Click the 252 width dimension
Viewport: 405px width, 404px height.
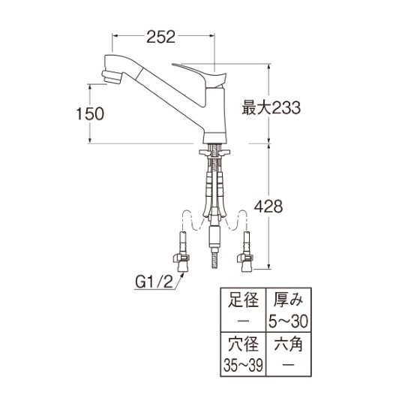pyautogui.click(x=161, y=37)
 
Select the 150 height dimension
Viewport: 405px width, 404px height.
pyautogui.click(x=90, y=113)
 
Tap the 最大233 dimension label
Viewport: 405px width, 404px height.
pyautogui.click(x=271, y=107)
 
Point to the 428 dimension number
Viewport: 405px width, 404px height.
pyautogui.click(x=268, y=207)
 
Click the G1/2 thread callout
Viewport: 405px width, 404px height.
pyautogui.click(x=154, y=282)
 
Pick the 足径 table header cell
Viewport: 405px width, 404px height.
pyautogui.click(x=243, y=300)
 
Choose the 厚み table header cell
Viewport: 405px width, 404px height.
pyautogui.click(x=288, y=300)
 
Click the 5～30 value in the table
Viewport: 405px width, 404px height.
pyautogui.click(x=288, y=321)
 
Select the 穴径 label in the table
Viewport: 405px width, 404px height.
pyautogui.click(x=243, y=344)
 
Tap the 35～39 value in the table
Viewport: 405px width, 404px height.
pyautogui.click(x=243, y=365)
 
